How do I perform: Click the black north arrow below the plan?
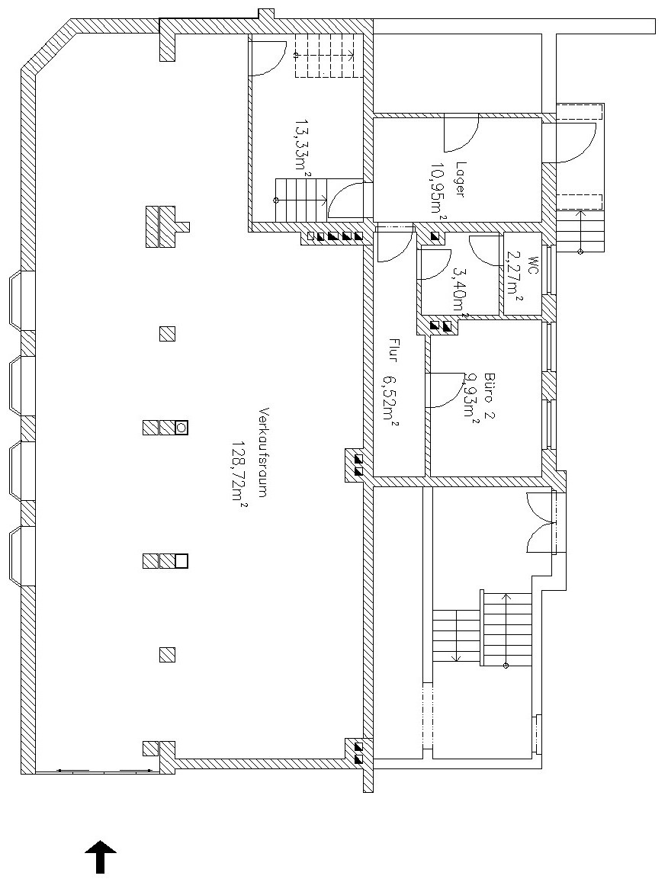point(101,857)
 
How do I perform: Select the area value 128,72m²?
point(240,473)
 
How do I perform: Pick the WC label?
point(532,265)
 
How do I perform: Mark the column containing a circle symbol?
point(181,428)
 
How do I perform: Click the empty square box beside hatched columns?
point(181,561)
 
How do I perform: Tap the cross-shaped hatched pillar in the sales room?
point(166,226)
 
